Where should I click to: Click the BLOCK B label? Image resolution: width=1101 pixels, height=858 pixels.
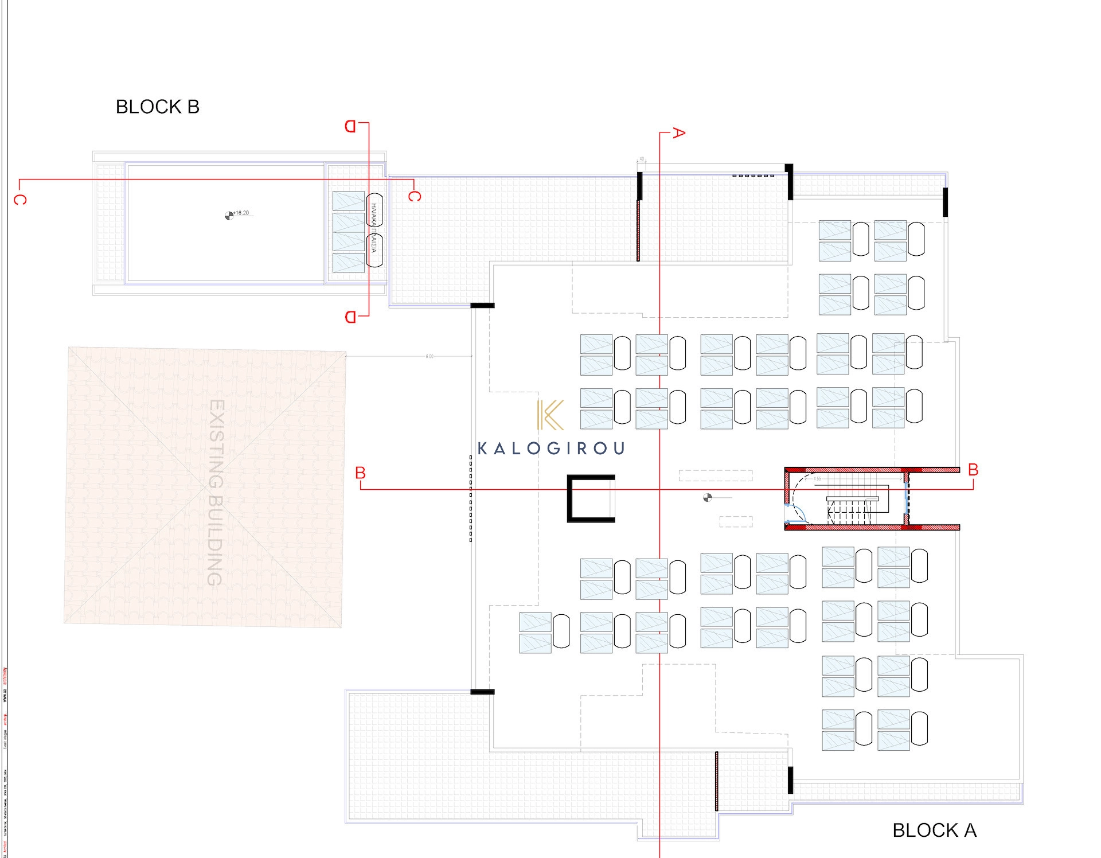click(158, 107)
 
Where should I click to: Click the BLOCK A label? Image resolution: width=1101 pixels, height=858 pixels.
click(934, 830)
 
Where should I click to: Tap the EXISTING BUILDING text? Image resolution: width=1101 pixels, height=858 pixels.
click(215, 492)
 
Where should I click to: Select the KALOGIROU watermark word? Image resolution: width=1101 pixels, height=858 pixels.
click(551, 448)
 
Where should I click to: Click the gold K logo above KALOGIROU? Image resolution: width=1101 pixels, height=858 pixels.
click(550, 415)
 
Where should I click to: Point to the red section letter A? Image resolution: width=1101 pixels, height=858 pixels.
click(678, 133)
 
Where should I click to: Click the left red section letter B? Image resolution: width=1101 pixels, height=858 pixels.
click(360, 473)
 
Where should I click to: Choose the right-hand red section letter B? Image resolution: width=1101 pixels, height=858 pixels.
click(973, 470)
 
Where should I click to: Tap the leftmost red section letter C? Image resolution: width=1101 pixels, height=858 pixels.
click(20, 200)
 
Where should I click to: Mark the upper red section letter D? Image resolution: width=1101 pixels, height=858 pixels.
click(350, 126)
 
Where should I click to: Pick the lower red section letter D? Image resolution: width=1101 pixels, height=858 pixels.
click(350, 317)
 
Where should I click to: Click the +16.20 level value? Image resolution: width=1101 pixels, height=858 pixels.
click(241, 213)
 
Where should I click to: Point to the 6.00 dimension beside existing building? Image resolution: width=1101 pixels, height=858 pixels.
click(430, 357)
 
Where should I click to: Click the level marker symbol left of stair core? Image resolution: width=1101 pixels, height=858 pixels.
click(708, 498)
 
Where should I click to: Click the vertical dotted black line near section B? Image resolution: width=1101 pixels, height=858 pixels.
click(471, 498)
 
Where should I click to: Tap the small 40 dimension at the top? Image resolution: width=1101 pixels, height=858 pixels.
click(642, 159)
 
